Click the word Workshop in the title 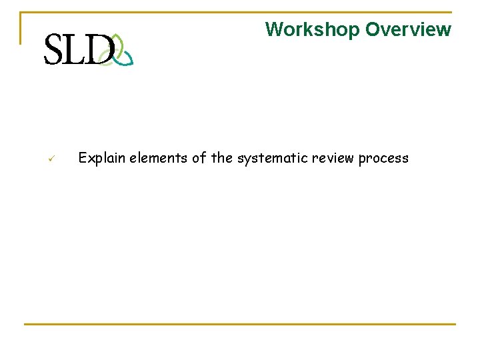pos(312,30)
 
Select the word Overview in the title pos(408,30)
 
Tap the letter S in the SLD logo pos(55,50)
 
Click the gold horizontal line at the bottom pos(240,325)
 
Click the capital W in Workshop pos(273,30)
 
